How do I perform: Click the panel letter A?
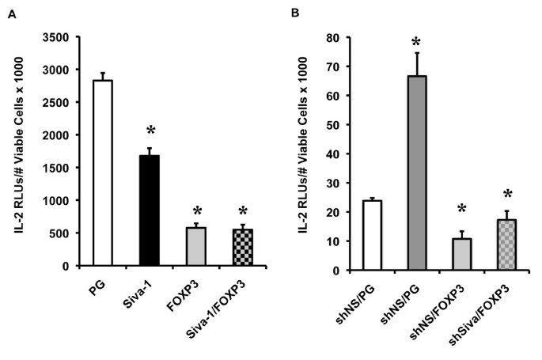[11, 13]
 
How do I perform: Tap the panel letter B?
[294, 13]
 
